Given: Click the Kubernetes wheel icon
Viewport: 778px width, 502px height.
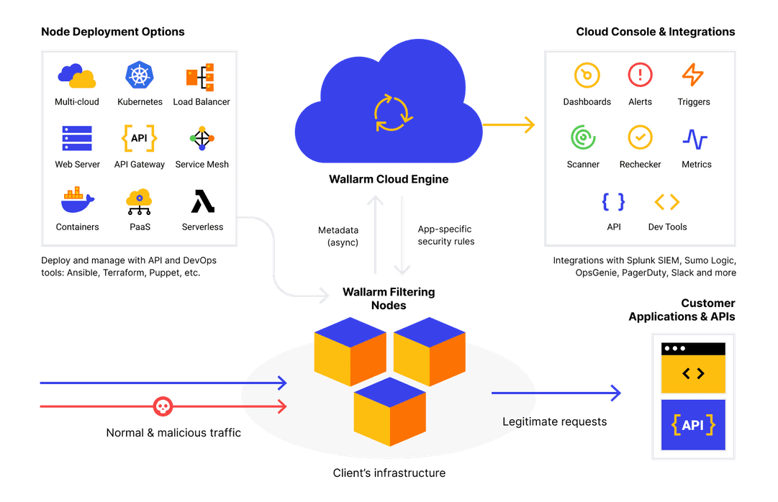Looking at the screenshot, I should click(x=140, y=76).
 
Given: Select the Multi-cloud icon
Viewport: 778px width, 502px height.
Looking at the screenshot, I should click(x=77, y=76).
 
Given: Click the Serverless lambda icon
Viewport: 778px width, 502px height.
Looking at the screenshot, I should click(x=202, y=201).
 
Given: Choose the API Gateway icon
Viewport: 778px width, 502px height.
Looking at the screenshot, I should click(x=140, y=138).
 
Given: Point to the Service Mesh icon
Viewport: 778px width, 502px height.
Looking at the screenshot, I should click(x=202, y=138).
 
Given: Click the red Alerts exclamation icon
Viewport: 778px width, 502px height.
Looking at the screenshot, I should click(x=640, y=75).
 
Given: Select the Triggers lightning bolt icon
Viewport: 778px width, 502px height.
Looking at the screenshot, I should click(x=692, y=75).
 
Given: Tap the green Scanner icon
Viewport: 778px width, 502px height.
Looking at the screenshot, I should click(x=583, y=137).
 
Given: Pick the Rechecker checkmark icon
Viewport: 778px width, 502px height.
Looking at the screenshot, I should click(x=640, y=137).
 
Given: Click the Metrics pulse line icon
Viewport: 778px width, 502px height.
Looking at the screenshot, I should click(x=695, y=138).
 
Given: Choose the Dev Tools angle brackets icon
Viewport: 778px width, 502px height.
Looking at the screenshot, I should click(x=667, y=201).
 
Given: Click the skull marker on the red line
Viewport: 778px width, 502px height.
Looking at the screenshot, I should click(x=163, y=407).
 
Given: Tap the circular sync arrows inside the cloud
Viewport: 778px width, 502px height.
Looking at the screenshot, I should click(x=392, y=112).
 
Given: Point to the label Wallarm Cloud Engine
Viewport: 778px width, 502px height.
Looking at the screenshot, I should click(x=389, y=179).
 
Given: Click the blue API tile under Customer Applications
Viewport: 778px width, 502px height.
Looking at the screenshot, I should click(x=693, y=425).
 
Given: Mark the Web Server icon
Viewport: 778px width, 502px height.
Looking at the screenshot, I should click(x=77, y=138).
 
